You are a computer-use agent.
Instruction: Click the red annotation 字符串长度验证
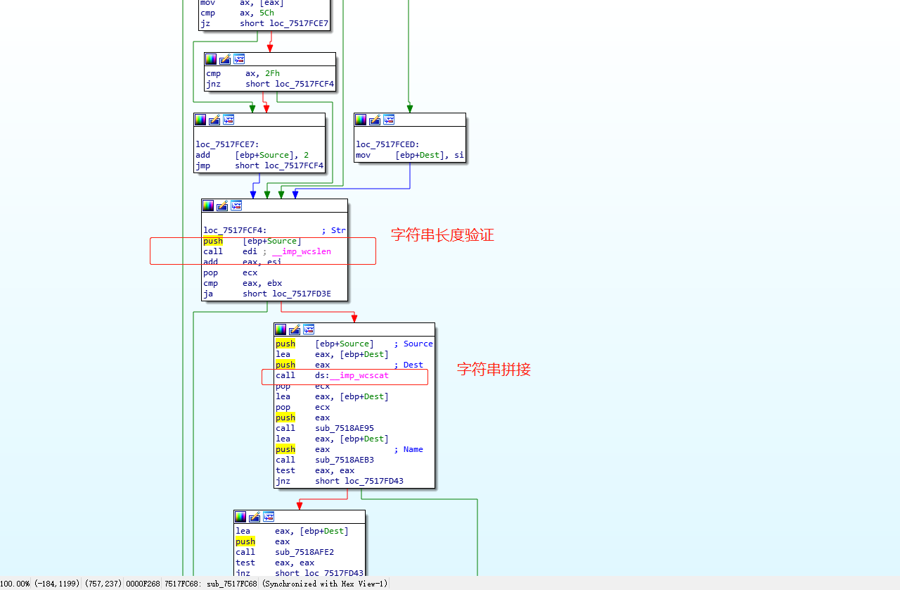[442, 235]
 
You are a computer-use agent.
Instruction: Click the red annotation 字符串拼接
[494, 369]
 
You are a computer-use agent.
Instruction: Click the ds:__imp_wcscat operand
[352, 375]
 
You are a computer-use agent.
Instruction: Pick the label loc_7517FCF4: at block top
[235, 230]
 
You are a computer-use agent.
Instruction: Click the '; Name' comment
[409, 449]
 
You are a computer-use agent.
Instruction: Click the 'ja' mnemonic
[208, 294]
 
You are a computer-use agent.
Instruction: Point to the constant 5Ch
[266, 13]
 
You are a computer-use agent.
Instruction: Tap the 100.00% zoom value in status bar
[15, 584]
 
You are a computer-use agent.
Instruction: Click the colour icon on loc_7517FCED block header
[361, 120]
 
